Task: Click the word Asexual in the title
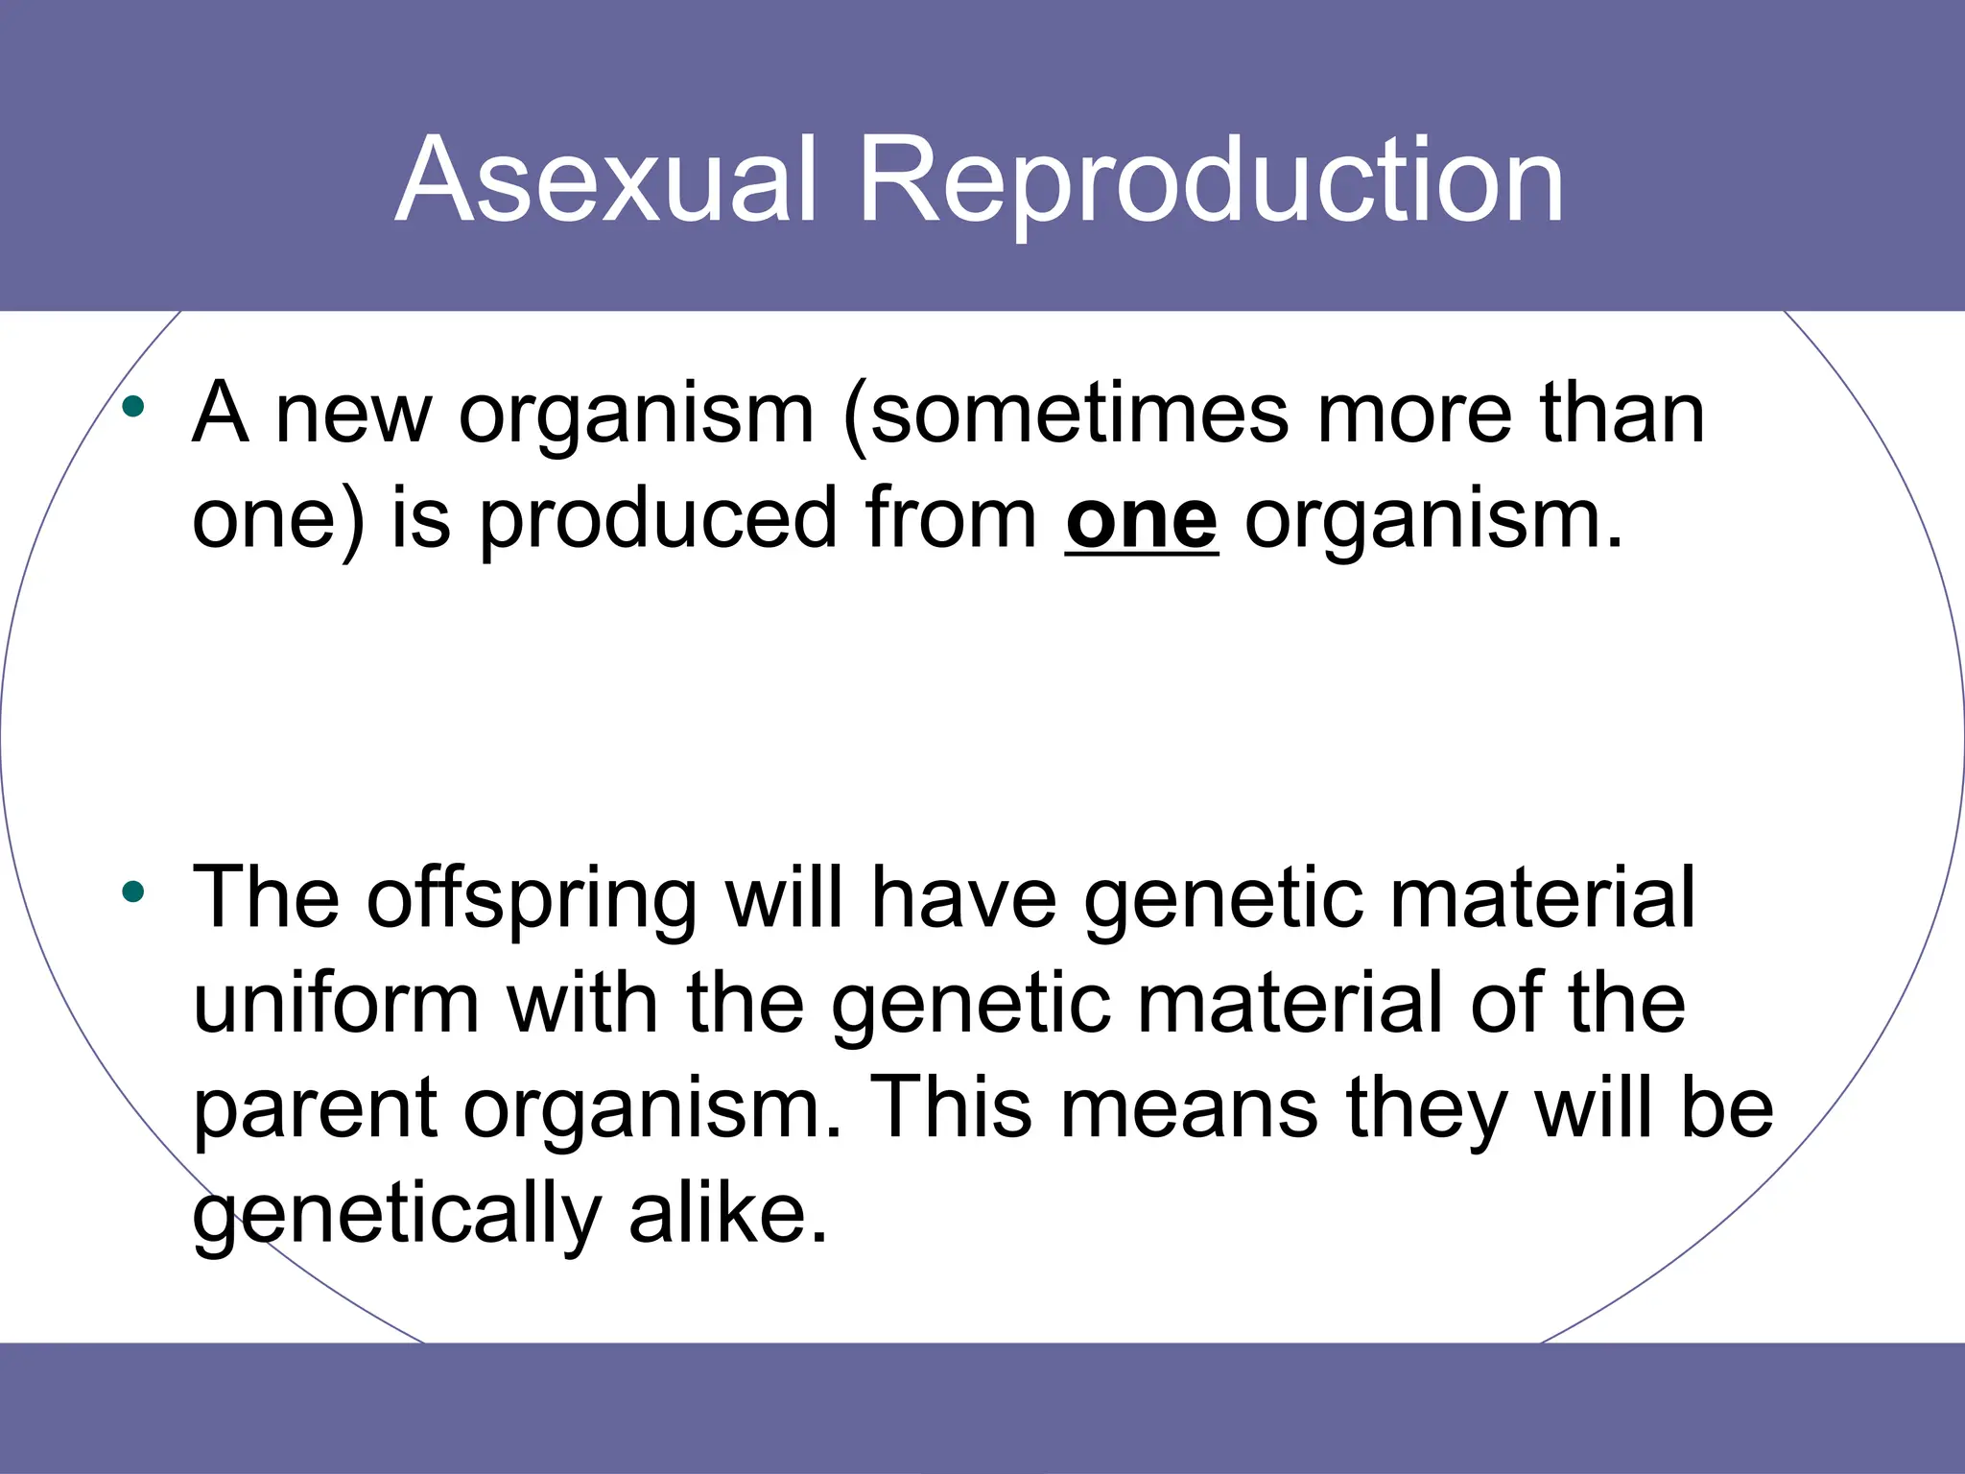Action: coord(606,180)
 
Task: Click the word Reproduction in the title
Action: coord(1211,180)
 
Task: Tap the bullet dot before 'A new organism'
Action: coord(133,408)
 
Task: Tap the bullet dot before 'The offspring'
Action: coord(133,893)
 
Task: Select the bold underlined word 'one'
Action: coord(1141,520)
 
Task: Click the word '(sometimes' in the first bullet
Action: coord(1065,415)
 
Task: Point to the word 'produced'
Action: coord(658,520)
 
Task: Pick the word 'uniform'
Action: coord(336,1004)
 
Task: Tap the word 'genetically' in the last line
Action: coord(396,1215)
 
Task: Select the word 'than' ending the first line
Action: coord(1622,415)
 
